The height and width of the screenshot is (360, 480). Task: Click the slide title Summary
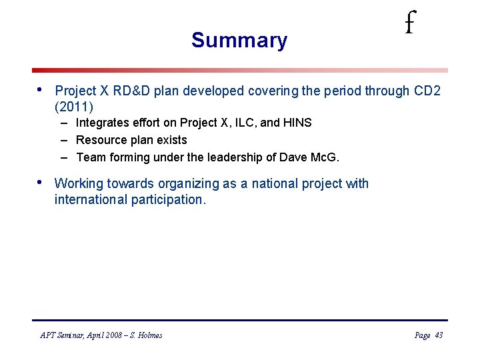click(x=239, y=40)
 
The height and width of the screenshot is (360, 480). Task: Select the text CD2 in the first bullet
click(x=427, y=91)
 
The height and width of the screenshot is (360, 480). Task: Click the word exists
click(x=172, y=140)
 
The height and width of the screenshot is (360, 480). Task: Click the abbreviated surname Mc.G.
click(x=326, y=158)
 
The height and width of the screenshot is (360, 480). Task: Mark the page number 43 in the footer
click(x=438, y=335)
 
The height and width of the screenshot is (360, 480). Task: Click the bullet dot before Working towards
click(x=39, y=183)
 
